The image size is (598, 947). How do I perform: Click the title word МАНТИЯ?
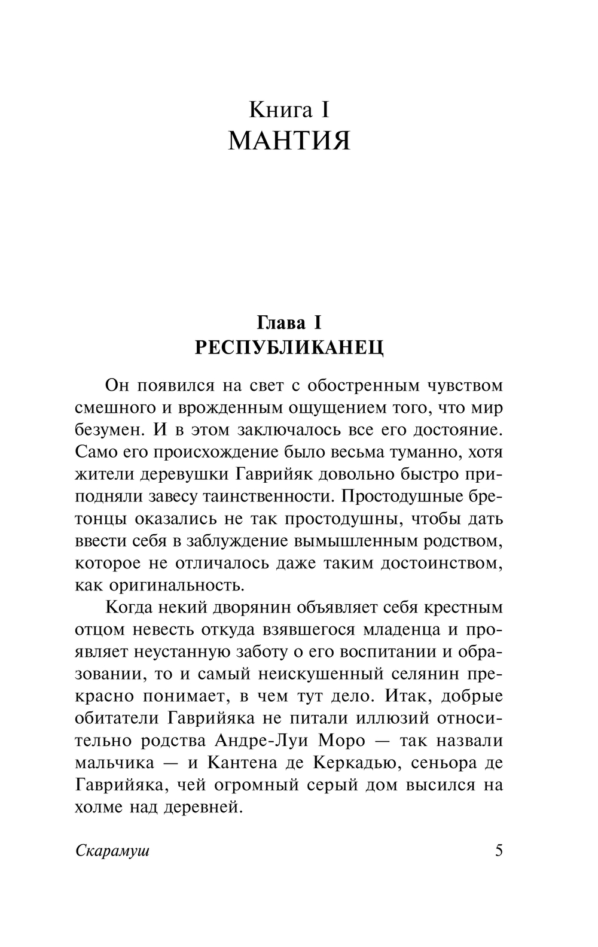[289, 141]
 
